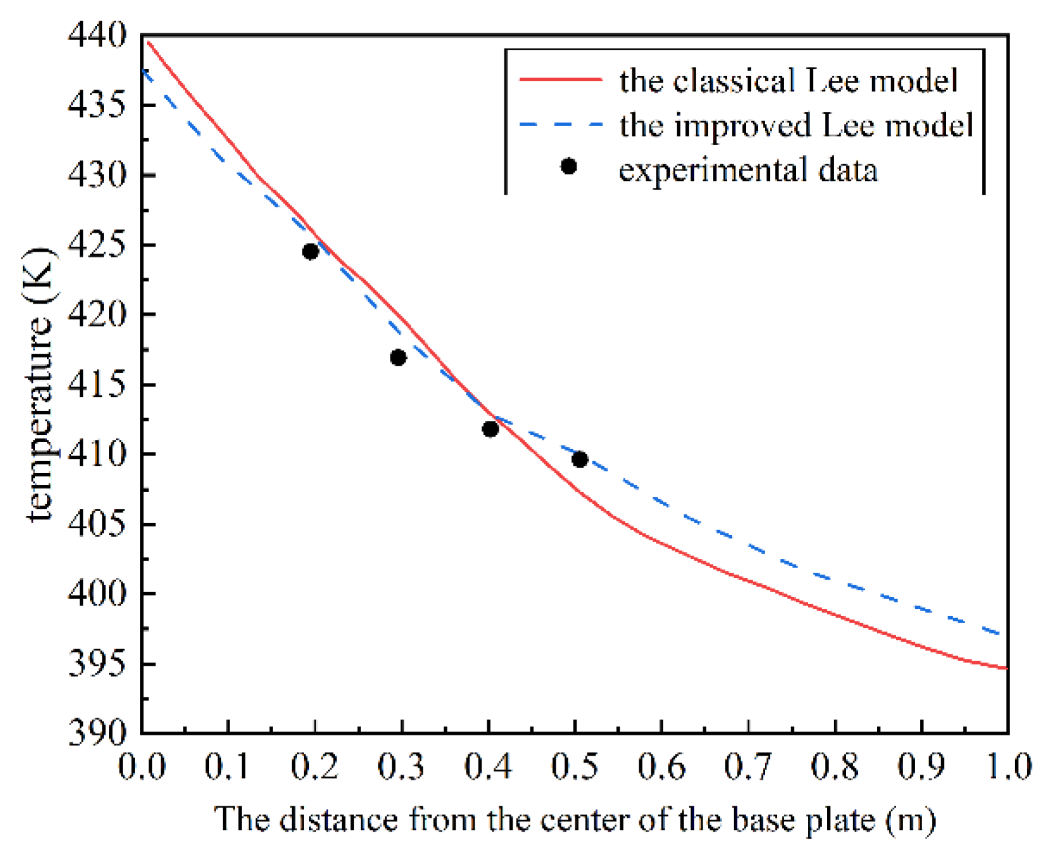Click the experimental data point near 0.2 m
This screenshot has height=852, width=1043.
click(x=310, y=252)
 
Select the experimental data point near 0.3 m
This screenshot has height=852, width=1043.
click(x=398, y=358)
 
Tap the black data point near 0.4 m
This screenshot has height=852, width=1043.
click(x=490, y=429)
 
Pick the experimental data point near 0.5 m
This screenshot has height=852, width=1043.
click(x=579, y=459)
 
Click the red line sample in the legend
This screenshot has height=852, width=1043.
click(x=560, y=80)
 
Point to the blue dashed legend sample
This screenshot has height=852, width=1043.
click(x=560, y=125)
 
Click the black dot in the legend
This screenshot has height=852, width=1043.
click(x=568, y=166)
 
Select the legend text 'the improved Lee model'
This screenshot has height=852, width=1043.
click(x=796, y=125)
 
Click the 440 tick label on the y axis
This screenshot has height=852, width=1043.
click(x=98, y=35)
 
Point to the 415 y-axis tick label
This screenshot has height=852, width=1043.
click(x=98, y=384)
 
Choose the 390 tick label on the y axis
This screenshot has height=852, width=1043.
click(x=98, y=733)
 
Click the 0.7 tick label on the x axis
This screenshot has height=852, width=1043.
click(x=748, y=766)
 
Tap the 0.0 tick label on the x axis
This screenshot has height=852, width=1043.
click(x=142, y=766)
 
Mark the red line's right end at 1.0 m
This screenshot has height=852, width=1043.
click(x=1006, y=668)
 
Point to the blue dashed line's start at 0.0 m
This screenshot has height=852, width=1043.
click(x=143, y=71)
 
